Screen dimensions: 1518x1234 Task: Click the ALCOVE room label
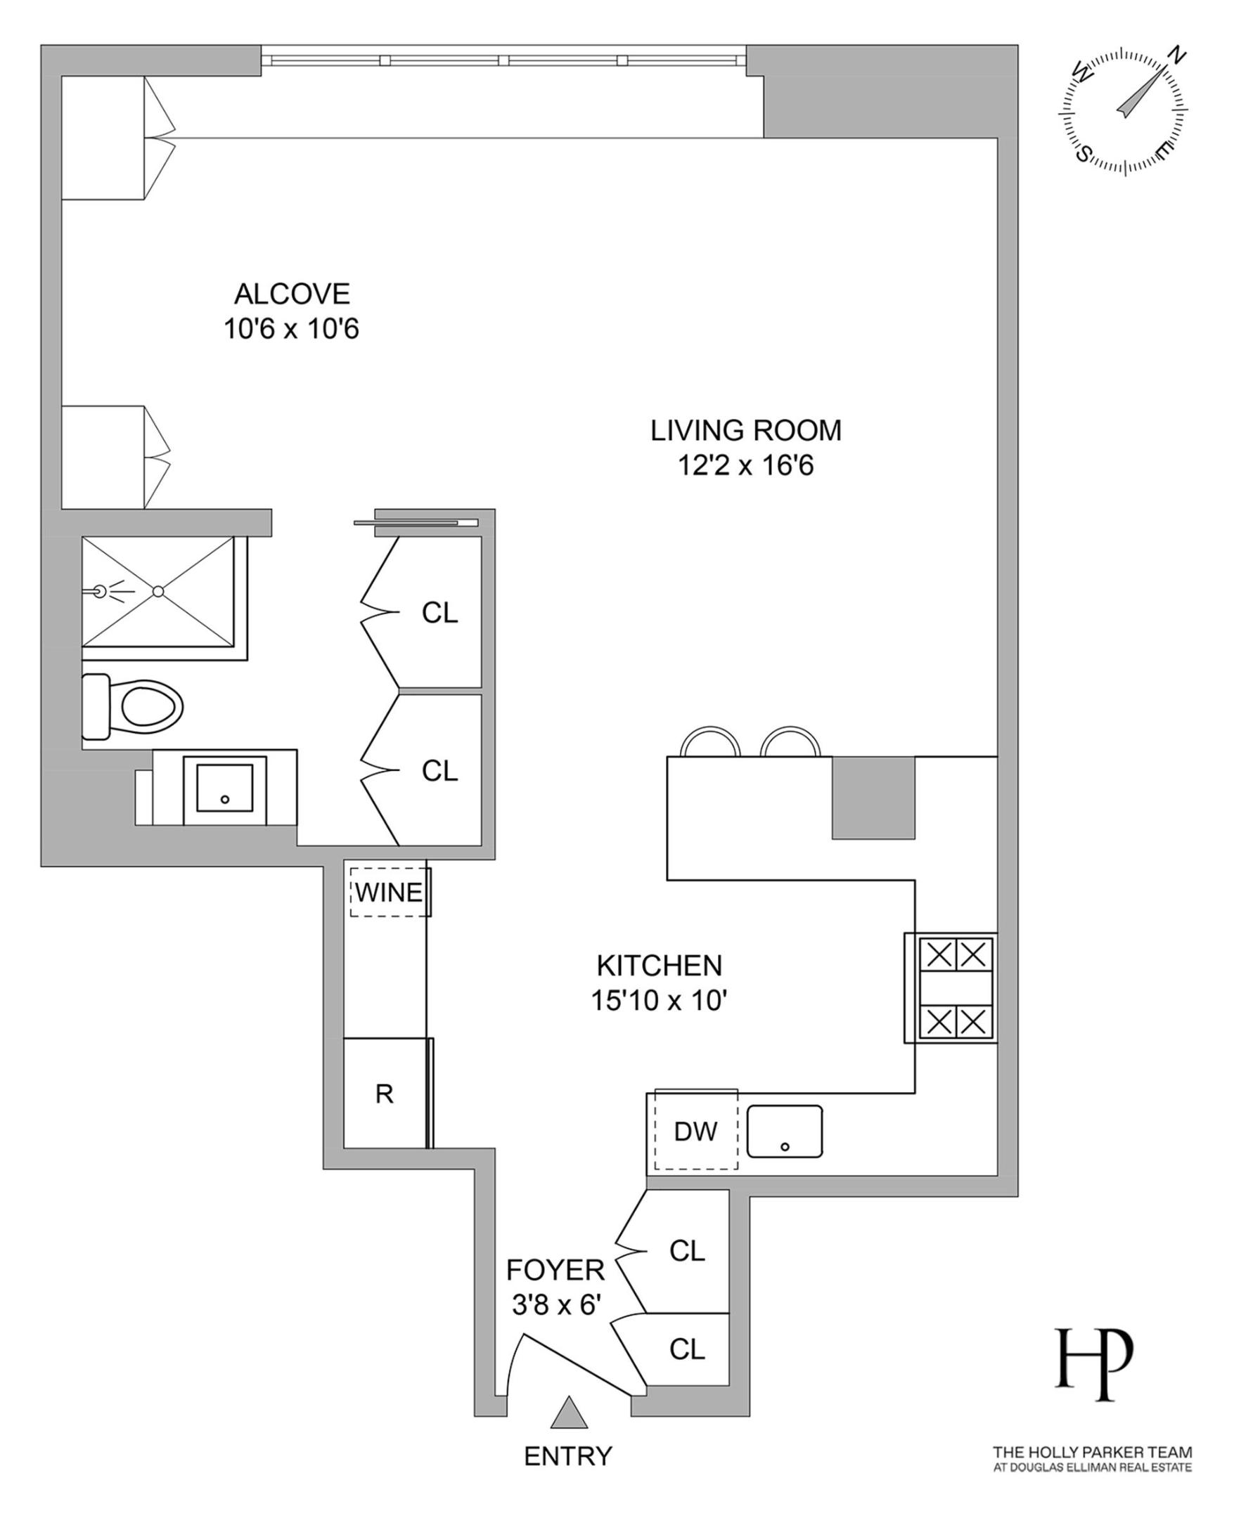pos(292,293)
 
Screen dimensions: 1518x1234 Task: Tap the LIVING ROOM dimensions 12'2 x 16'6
pos(745,466)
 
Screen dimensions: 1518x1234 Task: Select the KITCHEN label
pos(659,966)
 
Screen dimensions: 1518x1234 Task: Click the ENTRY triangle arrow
pos(570,1413)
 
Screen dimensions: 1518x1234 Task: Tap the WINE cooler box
pos(389,893)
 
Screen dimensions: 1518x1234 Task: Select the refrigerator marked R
pos(385,1094)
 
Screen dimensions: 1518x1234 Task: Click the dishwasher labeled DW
pos(695,1131)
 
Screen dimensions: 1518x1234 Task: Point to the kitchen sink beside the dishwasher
pos(784,1131)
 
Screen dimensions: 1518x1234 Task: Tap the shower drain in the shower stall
pos(158,591)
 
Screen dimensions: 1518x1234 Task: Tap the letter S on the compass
pos(1083,153)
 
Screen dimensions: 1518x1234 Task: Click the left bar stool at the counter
pos(710,743)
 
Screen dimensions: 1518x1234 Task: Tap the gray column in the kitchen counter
pos(873,798)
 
